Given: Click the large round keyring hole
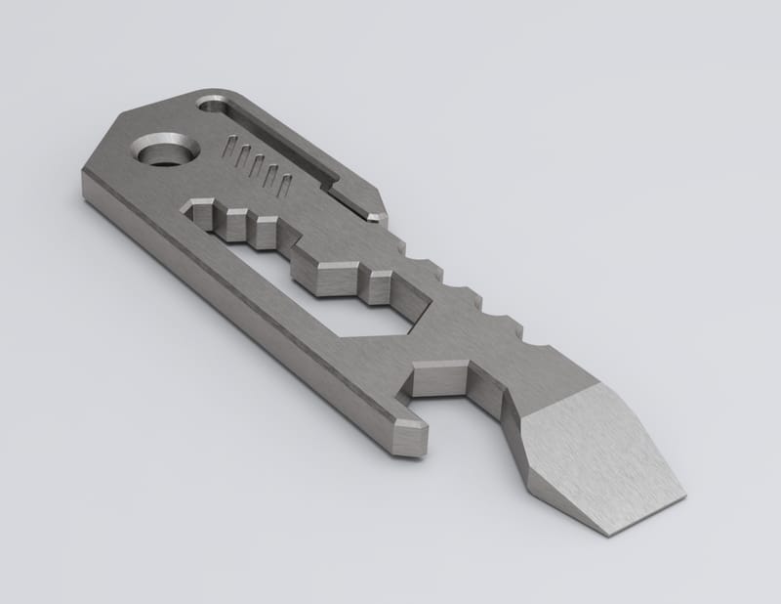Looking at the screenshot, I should click(x=167, y=152).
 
